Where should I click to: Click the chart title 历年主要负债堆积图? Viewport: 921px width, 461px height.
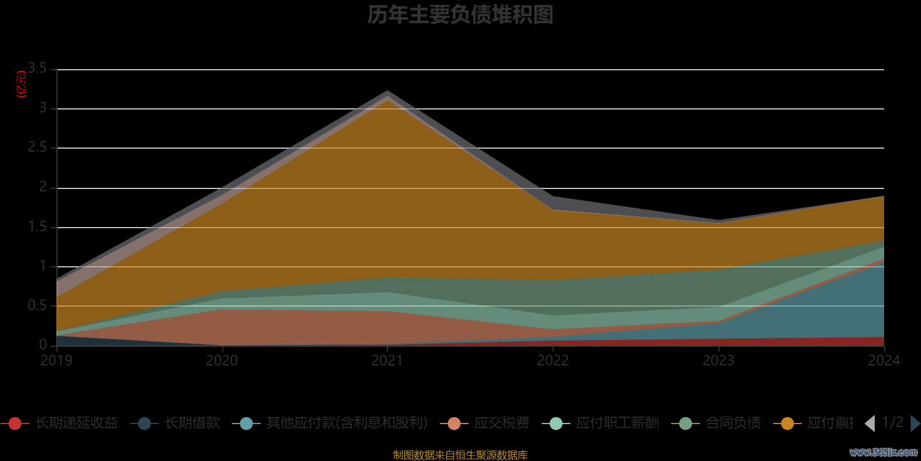pyautogui.click(x=460, y=15)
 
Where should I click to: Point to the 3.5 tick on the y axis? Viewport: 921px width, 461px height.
pyautogui.click(x=38, y=69)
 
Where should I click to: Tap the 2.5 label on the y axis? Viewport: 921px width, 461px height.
pyautogui.click(x=38, y=148)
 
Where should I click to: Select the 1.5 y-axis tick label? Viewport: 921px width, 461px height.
pyautogui.click(x=38, y=226)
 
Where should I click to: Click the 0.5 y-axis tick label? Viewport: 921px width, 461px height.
pyautogui.click(x=38, y=305)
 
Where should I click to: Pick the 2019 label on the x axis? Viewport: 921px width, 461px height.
pyautogui.click(x=56, y=361)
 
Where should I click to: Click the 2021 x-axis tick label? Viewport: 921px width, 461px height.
pyautogui.click(x=387, y=361)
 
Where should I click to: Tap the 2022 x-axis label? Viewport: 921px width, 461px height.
pyautogui.click(x=553, y=361)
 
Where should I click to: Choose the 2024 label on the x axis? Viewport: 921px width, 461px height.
pyautogui.click(x=884, y=361)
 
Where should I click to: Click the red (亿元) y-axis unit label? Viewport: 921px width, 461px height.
pyautogui.click(x=22, y=84)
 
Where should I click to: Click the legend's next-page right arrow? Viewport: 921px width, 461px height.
pyautogui.click(x=915, y=424)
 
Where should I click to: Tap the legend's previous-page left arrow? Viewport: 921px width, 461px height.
pyautogui.click(x=870, y=424)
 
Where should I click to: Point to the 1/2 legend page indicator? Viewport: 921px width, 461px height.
pyautogui.click(x=892, y=423)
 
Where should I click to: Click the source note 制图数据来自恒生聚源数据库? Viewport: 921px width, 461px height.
pyautogui.click(x=460, y=455)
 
